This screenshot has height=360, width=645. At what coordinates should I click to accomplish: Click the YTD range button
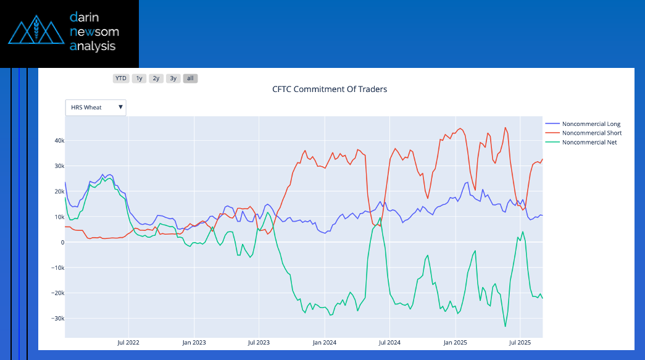(x=121, y=78)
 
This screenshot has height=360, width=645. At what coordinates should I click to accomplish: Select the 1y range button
(x=139, y=78)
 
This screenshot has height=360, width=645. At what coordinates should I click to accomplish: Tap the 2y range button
(x=156, y=78)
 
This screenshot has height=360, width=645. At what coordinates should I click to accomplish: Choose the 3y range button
(x=173, y=78)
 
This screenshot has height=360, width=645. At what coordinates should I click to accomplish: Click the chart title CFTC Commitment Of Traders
(x=330, y=89)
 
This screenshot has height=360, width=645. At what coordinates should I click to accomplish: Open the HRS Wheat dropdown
(x=96, y=107)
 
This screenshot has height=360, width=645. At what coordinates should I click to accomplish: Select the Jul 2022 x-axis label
(x=128, y=341)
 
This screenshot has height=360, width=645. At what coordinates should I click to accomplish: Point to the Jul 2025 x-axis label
(x=520, y=341)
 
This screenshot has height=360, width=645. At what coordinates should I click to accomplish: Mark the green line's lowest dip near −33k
(x=506, y=326)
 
